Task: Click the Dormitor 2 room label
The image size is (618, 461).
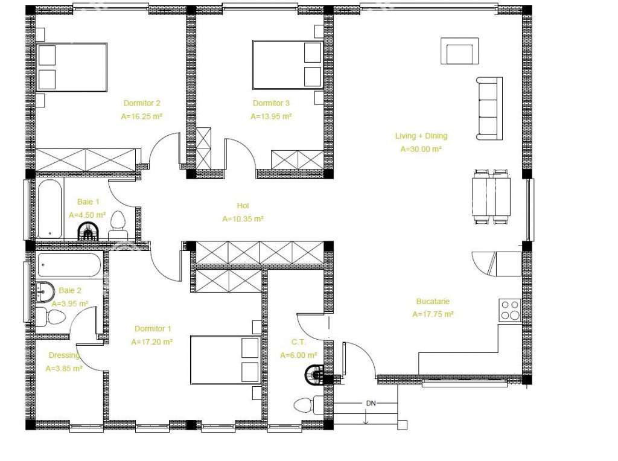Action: coord(142,103)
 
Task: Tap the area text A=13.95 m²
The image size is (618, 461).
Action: coord(271,116)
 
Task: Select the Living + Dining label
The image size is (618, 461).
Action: coord(421,136)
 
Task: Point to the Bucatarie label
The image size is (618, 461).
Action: coord(433,302)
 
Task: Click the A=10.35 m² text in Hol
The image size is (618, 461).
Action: coord(243,219)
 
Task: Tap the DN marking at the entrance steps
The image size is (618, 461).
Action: coord(371,403)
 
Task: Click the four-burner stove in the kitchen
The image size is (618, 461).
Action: coord(510,310)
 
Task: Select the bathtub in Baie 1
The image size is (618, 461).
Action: coord(49,209)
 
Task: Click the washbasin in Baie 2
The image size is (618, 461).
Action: coord(45,292)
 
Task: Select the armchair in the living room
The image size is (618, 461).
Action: coord(459,51)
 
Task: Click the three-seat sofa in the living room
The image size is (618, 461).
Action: coord(489,109)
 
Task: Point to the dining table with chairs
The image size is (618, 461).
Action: coord(491,197)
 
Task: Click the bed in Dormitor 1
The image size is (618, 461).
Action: coord(225,360)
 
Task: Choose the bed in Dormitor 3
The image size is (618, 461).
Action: coord(288,64)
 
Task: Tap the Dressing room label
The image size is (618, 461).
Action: coord(64,355)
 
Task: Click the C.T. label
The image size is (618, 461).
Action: coord(298,342)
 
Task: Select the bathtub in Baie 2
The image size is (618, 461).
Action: coord(69,265)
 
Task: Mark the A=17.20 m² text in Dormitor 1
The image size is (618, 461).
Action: coord(152,342)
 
